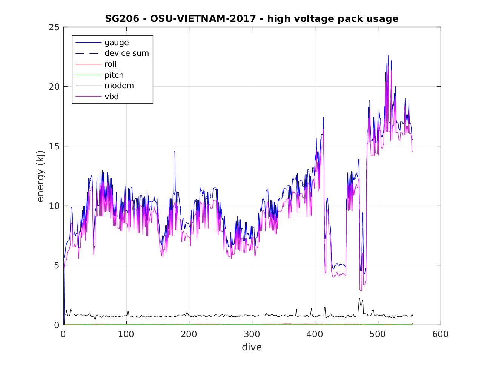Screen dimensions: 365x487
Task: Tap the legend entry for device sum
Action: [x=126, y=53]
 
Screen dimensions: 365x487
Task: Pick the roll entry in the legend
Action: [x=111, y=64]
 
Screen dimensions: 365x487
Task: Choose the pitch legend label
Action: [x=114, y=75]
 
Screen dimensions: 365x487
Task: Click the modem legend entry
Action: [x=119, y=86]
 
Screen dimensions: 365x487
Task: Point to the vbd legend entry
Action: [x=112, y=97]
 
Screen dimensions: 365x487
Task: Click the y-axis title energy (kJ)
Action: [x=41, y=176]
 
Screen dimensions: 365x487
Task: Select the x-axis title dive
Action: [x=252, y=347]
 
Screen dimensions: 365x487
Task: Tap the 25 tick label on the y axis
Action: [x=55, y=27]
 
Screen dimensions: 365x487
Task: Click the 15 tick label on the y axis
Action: [x=55, y=146]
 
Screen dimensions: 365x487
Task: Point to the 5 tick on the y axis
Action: [x=57, y=265]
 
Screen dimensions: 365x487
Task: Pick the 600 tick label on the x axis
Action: [x=440, y=334]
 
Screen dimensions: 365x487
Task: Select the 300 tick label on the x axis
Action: [x=252, y=334]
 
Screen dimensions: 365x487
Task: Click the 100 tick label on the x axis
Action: [x=126, y=334]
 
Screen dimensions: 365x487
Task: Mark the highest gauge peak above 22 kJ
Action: [x=387, y=55]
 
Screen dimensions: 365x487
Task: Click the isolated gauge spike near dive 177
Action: [x=174, y=151]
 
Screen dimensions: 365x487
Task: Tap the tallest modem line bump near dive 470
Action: [x=359, y=298]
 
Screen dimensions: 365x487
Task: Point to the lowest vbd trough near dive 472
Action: [x=361, y=290]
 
